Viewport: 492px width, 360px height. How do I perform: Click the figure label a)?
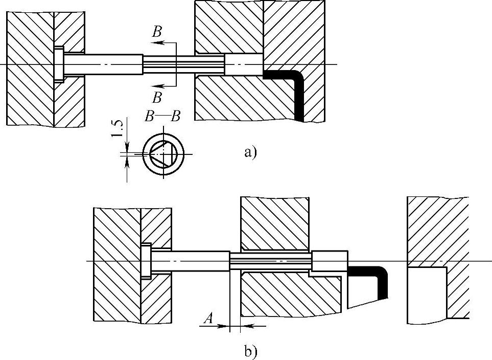pos(249,152)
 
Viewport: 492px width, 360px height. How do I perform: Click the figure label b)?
pos(250,351)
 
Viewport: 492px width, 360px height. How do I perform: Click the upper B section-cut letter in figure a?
pos(157,32)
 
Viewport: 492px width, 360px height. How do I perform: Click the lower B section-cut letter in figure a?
pos(157,97)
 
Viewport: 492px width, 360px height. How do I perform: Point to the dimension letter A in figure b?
pos(208,319)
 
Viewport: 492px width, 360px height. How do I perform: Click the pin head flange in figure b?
pos(146,261)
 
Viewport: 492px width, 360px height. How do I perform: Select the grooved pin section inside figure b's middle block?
pos(271,261)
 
